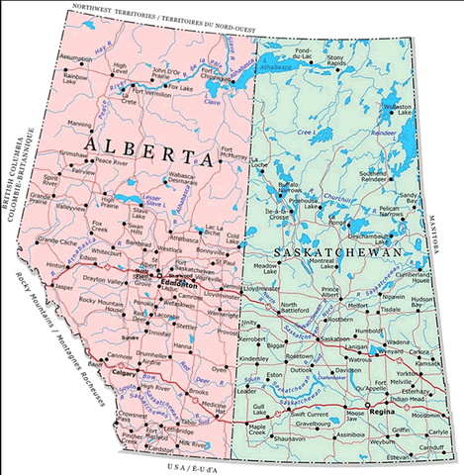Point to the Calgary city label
pyautogui.click(x=125, y=374)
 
